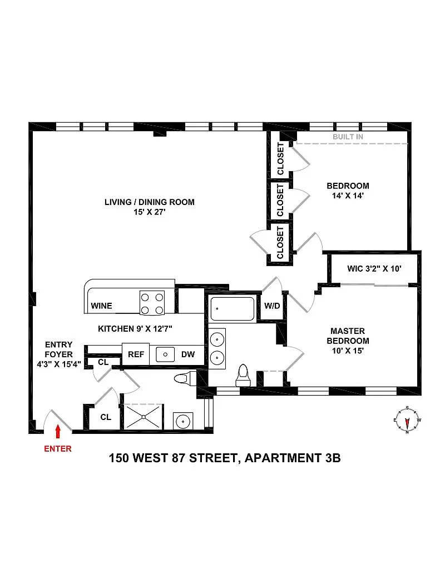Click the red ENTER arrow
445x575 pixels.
pyautogui.click(x=58, y=431)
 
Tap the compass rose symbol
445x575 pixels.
pyautogui.click(x=407, y=420)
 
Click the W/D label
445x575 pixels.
pyautogui.click(x=272, y=306)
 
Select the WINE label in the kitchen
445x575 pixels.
pyautogui.click(x=101, y=306)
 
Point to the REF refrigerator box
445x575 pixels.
pyautogui.click(x=136, y=354)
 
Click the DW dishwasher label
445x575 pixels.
pyautogui.click(x=188, y=354)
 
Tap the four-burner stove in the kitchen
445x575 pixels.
pyautogui.click(x=152, y=303)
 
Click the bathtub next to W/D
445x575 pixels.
pyautogui.click(x=232, y=309)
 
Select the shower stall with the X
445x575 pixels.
pyautogui.click(x=144, y=417)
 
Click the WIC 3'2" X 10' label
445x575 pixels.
pyautogui.click(x=374, y=269)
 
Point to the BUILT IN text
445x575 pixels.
pyautogui.click(x=348, y=137)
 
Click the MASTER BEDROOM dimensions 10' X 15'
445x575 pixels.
pyautogui.click(x=348, y=351)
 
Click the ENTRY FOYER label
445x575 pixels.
pyautogui.click(x=59, y=349)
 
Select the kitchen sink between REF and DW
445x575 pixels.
pyautogui.click(x=165, y=354)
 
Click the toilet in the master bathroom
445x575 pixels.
pyautogui.click(x=243, y=376)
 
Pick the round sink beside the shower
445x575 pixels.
pyautogui.click(x=183, y=421)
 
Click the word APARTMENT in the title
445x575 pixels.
pyautogui.click(x=283, y=458)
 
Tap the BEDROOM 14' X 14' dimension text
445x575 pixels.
pyautogui.click(x=348, y=196)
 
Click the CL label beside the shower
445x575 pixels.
pyautogui.click(x=106, y=417)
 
